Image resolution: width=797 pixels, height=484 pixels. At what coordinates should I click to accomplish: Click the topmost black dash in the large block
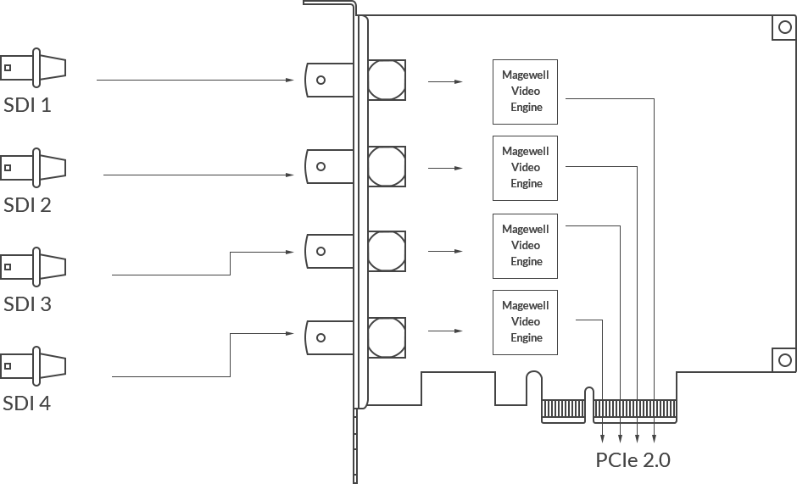click(543, 85)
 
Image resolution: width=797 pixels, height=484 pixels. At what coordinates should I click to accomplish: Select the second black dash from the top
click(539, 159)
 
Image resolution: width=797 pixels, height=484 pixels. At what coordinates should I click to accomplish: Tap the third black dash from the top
click(546, 254)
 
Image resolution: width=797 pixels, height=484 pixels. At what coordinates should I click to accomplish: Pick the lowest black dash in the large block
click(543, 315)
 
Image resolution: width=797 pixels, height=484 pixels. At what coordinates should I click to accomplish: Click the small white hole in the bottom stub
click(638, 451)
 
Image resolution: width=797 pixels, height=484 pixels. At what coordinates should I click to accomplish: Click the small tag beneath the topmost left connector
click(25, 107)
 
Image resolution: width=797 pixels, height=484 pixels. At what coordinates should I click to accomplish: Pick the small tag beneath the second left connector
click(25, 207)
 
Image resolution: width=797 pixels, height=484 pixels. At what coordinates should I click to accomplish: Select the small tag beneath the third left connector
click(25, 302)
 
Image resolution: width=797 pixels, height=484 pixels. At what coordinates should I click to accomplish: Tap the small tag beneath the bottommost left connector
click(25, 403)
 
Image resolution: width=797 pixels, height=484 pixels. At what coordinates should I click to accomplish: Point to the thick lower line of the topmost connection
click(195, 81)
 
